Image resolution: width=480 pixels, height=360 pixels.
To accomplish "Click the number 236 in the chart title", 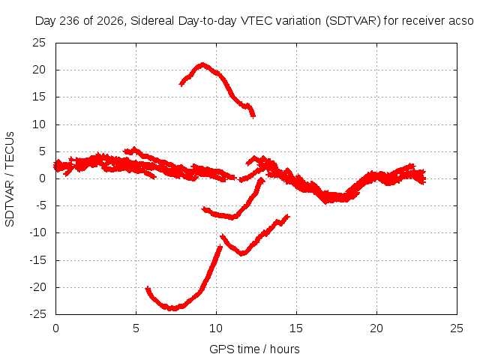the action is [x=70, y=21].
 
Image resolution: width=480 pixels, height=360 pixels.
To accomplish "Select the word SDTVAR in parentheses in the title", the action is [x=351, y=21].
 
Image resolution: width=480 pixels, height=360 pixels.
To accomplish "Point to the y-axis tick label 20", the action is [x=39, y=70].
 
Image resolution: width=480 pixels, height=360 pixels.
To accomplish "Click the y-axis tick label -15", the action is [x=37, y=260].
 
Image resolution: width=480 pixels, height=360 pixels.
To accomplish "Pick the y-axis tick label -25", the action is [x=37, y=314].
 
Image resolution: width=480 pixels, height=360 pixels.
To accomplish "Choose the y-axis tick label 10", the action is [x=39, y=124].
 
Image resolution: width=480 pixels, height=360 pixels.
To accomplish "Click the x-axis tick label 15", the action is [x=296, y=328].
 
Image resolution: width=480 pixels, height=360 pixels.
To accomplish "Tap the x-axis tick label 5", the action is [x=136, y=328].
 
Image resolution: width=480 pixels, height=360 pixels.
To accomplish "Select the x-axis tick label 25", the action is [x=457, y=328].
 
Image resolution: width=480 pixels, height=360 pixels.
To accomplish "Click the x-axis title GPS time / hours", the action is [x=254, y=349].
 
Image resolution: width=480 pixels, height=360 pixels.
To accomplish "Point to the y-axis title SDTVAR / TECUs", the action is [x=10, y=179].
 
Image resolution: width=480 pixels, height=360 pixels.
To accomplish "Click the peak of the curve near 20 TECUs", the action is [x=202, y=64].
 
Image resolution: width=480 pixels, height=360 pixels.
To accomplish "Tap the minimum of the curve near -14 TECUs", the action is [x=242, y=253].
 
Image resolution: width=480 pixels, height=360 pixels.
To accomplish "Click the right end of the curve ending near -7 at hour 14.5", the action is [x=288, y=217].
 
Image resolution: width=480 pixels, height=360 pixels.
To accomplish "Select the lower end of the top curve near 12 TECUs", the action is [x=253, y=116].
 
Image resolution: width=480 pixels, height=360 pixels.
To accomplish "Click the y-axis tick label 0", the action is [x=42, y=178].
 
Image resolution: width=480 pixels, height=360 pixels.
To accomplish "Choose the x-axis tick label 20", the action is [x=376, y=328].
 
